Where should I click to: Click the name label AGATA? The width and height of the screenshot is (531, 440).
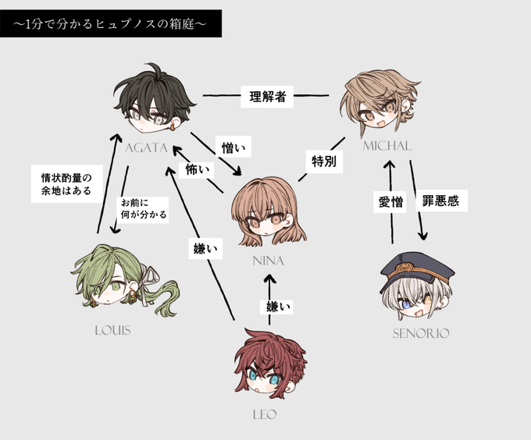146,147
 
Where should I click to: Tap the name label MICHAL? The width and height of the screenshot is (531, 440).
387,146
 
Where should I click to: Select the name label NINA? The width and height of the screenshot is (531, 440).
268,261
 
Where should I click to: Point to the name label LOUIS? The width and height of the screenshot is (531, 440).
112,331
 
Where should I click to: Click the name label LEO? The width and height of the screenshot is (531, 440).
265,414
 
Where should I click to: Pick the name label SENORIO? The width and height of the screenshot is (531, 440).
421,334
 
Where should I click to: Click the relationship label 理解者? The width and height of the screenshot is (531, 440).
267,97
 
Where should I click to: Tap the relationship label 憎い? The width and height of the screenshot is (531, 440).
233,147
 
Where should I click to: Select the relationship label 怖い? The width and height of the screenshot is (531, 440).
197,170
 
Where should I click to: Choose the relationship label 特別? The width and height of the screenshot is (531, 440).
324,161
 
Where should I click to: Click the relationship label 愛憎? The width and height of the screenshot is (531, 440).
390,202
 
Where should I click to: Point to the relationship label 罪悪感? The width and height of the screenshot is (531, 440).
441,201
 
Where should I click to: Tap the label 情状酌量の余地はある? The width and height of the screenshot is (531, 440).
66,183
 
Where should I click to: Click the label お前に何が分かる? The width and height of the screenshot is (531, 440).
144,208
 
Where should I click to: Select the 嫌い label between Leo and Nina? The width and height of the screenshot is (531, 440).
276,307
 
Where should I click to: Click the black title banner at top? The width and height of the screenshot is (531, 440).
111,23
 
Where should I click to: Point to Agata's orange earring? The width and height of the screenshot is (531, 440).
173,127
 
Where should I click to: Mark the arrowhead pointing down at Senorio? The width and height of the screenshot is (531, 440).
423,236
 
